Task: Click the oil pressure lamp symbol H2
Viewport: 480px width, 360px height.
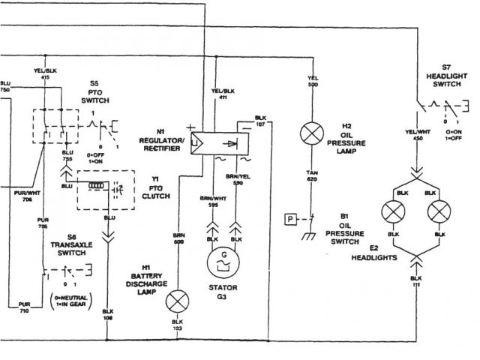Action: (310, 136)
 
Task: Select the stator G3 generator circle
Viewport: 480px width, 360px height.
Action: (223, 263)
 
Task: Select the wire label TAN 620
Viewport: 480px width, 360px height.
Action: (310, 177)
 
